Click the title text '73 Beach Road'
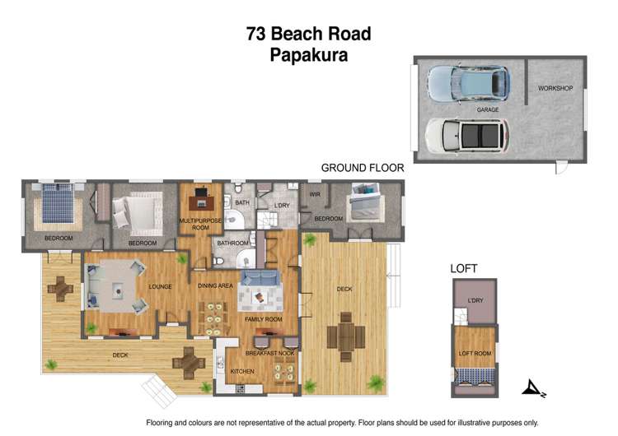[308, 34]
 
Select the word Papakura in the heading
[308, 55]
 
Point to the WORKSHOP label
[555, 88]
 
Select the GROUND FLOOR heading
[362, 168]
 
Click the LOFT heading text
[463, 268]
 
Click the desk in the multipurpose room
[200, 198]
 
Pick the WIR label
[314, 194]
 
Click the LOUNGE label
[159, 287]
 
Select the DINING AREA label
[215, 285]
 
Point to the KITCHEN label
[241, 371]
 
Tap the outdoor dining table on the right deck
[346, 336]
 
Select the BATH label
[241, 202]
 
